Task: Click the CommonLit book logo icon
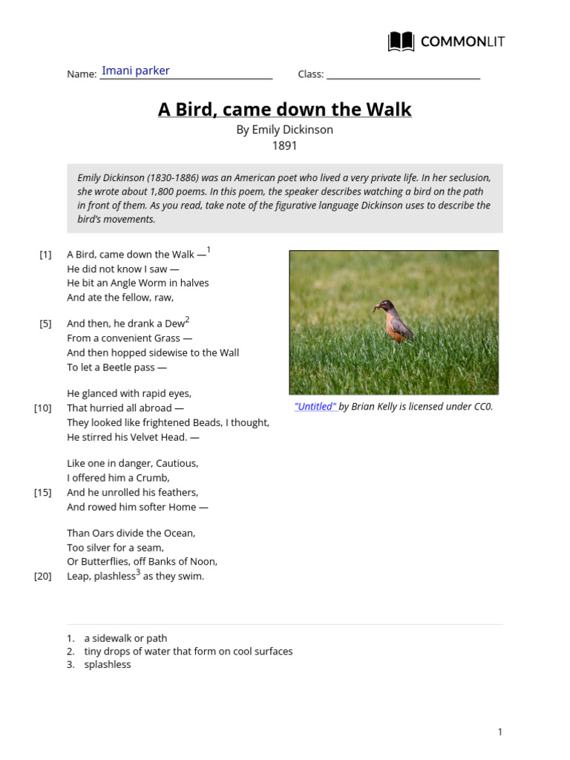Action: pos(401,42)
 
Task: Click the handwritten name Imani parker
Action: pos(135,71)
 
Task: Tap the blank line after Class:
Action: pos(403,73)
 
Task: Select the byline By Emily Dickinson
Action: pos(284,130)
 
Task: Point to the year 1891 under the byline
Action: pos(284,145)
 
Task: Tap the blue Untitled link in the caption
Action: pos(315,407)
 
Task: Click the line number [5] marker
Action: pos(45,324)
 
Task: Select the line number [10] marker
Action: pos(43,408)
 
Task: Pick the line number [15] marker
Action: pos(43,493)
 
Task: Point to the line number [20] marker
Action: pos(43,577)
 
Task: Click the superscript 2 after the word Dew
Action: pos(187,320)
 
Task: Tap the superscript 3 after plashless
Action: pos(138,573)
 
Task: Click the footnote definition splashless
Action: pos(108,665)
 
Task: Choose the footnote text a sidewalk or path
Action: pos(125,638)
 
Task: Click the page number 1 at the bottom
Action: pos(500,733)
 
